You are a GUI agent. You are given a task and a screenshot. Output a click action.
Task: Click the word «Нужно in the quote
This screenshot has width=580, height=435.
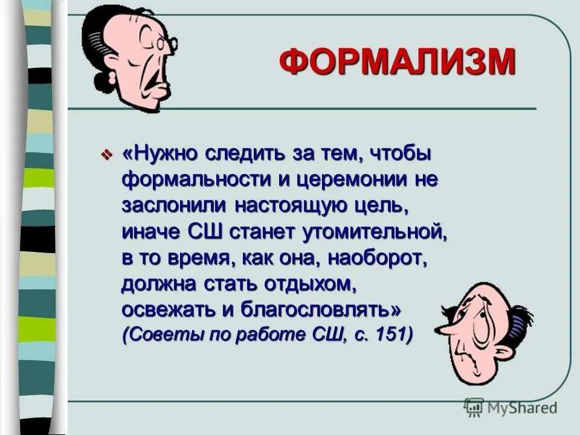159,155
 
